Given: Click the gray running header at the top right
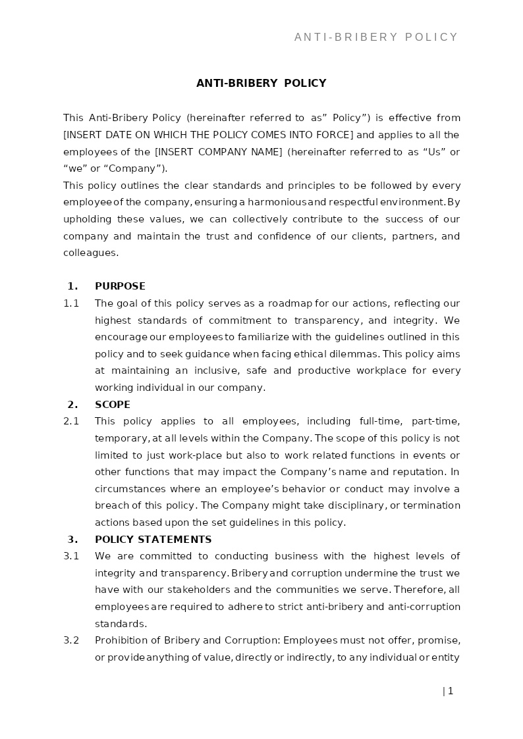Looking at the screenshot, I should pyautogui.click(x=376, y=38).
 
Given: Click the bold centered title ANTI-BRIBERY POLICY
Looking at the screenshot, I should pyautogui.click(x=261, y=84).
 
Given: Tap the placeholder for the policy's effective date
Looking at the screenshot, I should pyautogui.click(x=209, y=135).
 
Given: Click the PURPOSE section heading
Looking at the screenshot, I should pyautogui.click(x=120, y=286).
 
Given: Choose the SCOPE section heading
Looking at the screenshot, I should pyautogui.click(x=113, y=405).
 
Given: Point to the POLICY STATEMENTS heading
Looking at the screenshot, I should pyautogui.click(x=153, y=540).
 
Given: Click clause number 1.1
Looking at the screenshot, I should pyautogui.click(x=71, y=303).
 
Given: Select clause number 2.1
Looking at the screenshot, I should pyautogui.click(x=71, y=421).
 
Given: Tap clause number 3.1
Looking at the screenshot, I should pyautogui.click(x=71, y=556).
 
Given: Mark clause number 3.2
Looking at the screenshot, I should pyautogui.click(x=71, y=640).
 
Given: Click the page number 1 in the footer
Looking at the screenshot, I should pyautogui.click(x=451, y=691).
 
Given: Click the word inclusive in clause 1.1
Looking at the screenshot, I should pyautogui.click(x=215, y=370).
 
